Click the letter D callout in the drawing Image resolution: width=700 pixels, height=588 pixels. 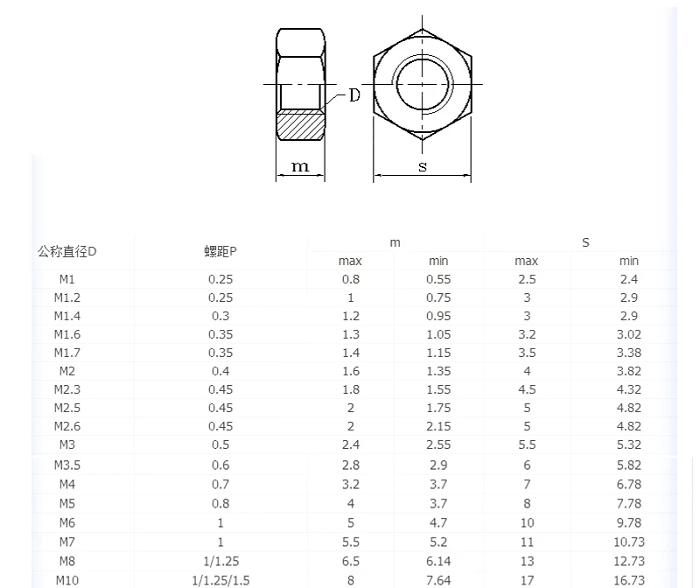coord(354,95)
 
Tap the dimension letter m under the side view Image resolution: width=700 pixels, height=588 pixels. coord(300,166)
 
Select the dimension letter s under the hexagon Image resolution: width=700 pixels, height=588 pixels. coord(423,166)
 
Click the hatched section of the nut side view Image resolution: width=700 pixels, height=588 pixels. coord(300,125)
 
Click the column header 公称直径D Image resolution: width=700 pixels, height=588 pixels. coord(67,251)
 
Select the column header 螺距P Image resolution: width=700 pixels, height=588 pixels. coord(220,251)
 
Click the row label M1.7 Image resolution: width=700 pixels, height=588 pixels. coord(67,353)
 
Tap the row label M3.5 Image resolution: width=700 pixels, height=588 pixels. coord(67,465)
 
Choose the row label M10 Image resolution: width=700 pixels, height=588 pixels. coord(67,580)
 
